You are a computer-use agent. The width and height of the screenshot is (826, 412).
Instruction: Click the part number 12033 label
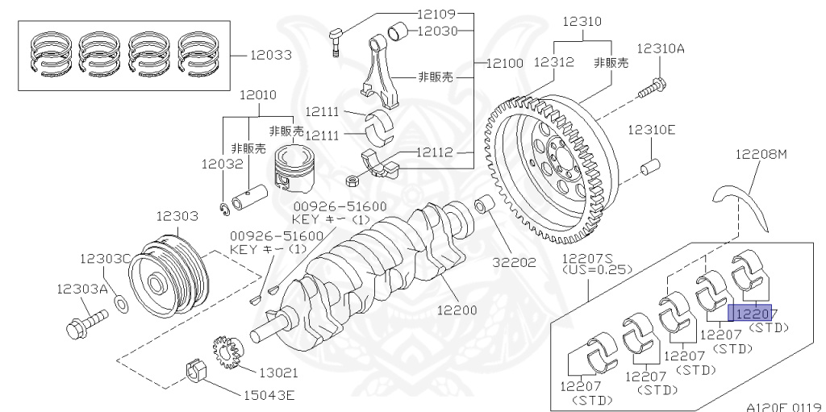click(x=270, y=56)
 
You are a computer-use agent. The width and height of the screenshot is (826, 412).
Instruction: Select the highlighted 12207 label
click(x=749, y=314)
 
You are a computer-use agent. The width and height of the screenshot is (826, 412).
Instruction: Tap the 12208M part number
click(x=759, y=154)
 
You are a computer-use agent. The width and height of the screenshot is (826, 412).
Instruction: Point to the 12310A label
click(x=660, y=48)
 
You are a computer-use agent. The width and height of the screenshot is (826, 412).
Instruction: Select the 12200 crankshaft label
click(x=457, y=310)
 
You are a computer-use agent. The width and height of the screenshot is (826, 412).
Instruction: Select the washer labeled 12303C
click(x=120, y=303)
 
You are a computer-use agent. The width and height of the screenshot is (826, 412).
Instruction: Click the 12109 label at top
click(x=436, y=14)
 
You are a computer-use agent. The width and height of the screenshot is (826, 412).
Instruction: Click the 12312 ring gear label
click(x=554, y=60)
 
